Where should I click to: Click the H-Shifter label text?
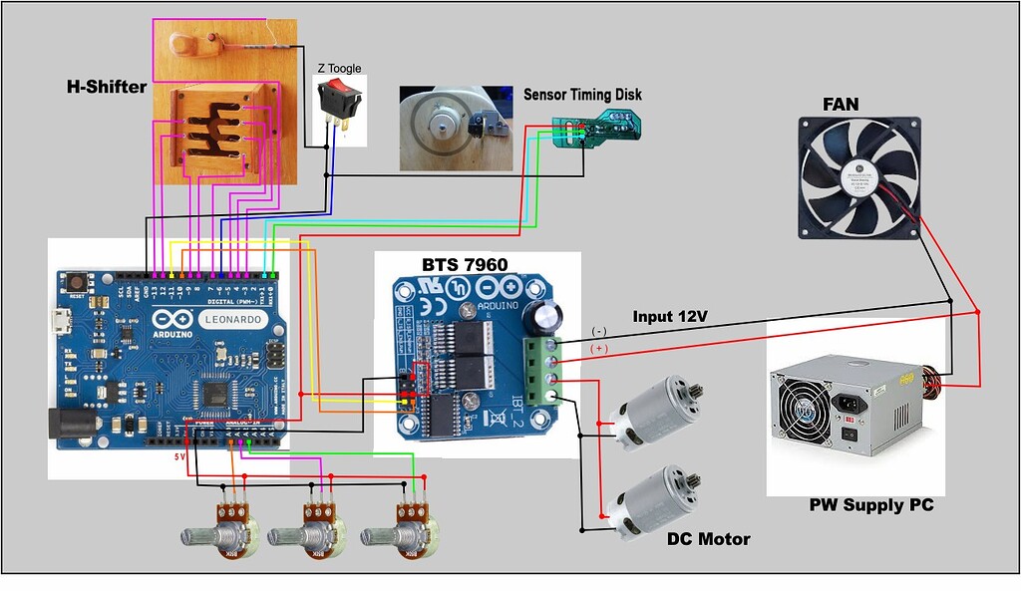107,87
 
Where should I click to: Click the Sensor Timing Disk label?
583,95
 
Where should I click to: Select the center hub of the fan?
858,176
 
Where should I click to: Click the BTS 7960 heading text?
464,264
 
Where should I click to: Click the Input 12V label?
670,316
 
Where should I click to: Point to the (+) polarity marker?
599,349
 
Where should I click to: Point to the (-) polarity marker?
598,331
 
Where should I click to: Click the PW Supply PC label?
871,505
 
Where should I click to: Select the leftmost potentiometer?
224,528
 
